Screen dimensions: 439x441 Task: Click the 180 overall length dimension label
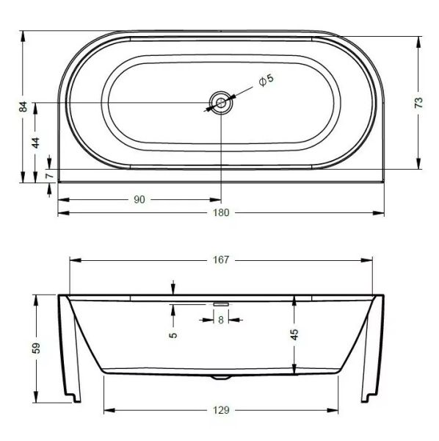(221, 212)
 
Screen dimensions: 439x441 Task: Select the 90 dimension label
(139, 200)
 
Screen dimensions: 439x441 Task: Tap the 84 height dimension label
(23, 107)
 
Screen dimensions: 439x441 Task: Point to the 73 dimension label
(418, 103)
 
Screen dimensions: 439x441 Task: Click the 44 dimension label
(36, 143)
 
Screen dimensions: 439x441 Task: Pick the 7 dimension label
(49, 176)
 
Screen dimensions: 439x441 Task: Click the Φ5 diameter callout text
(266, 80)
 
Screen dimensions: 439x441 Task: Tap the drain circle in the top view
(221, 103)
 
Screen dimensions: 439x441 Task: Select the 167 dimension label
(221, 260)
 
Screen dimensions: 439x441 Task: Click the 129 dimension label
(221, 410)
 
